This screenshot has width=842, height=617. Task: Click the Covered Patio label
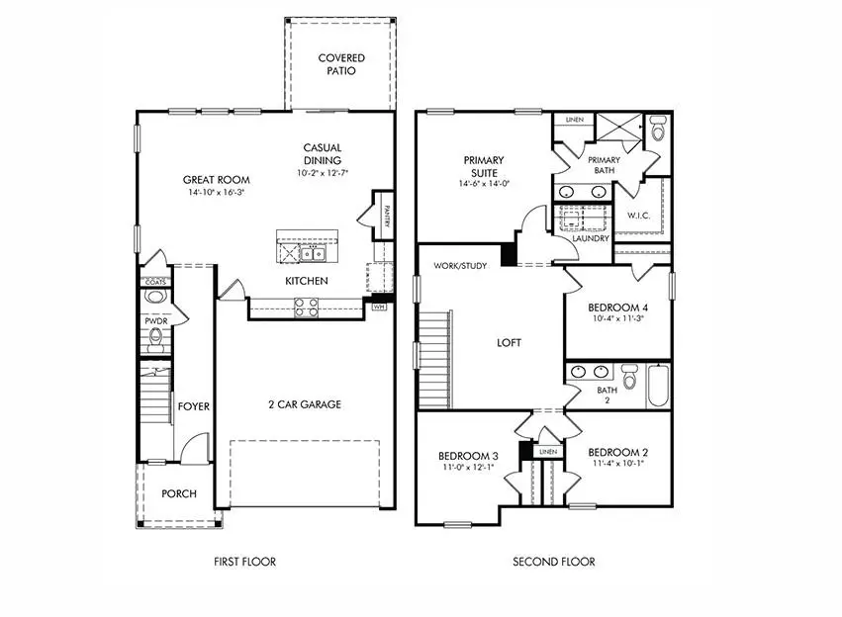(341, 64)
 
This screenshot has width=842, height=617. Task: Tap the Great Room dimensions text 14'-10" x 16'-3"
(216, 194)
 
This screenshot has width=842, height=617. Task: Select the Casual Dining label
(323, 154)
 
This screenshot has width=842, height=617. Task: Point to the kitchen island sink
(315, 254)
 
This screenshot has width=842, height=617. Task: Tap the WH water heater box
(379, 308)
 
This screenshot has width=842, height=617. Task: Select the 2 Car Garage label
(305, 404)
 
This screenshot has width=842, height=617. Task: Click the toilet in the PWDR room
(155, 342)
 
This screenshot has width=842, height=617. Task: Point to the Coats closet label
(155, 282)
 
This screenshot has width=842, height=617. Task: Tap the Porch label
(179, 493)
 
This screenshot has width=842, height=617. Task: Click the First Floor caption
(244, 562)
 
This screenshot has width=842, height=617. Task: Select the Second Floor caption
(553, 562)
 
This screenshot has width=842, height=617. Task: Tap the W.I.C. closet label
(637, 215)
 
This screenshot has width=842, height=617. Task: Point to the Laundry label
(591, 238)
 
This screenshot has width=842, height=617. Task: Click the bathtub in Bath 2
(659, 387)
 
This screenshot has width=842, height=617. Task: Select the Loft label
(510, 343)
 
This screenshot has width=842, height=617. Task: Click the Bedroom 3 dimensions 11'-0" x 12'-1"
(467, 468)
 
